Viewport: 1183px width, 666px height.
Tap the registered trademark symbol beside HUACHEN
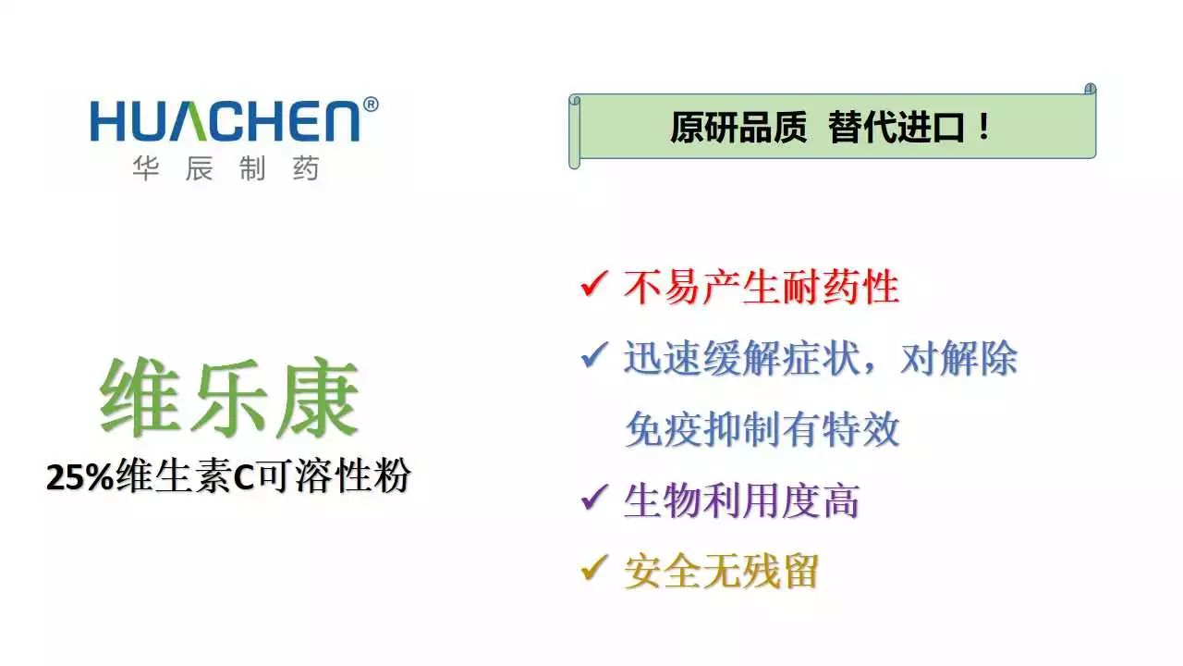click(x=371, y=105)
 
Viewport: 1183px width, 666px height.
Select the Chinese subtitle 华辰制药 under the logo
click(x=226, y=168)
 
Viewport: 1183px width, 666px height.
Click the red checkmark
click(x=594, y=283)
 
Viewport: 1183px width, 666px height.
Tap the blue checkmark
click(x=594, y=354)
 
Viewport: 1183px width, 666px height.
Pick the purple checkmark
click(x=594, y=497)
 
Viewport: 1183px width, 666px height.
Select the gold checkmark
click(x=594, y=568)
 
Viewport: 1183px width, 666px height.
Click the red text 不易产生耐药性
click(x=761, y=287)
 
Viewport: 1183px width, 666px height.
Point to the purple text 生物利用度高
click(x=741, y=501)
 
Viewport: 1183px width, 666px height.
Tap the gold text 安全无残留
click(x=722, y=572)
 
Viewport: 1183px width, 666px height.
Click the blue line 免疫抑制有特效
click(x=762, y=429)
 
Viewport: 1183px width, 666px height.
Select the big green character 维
click(x=140, y=398)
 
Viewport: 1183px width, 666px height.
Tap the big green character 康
click(x=319, y=398)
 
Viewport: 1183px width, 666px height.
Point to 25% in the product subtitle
click(x=79, y=478)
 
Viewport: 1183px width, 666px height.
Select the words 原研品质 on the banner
click(x=738, y=128)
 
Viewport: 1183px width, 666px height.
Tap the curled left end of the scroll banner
click(x=575, y=132)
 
